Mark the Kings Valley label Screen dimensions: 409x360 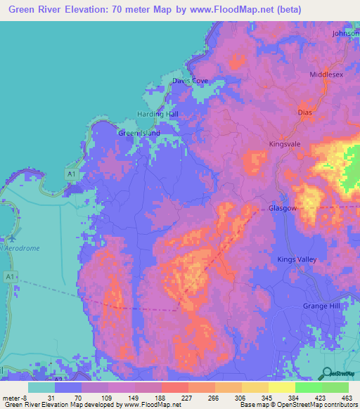(x=297, y=260)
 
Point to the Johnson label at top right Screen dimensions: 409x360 (x=345, y=33)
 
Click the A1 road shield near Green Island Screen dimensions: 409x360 (x=71, y=173)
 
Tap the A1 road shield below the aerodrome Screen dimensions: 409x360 (x=9, y=278)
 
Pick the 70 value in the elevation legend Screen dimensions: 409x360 (x=68, y=398)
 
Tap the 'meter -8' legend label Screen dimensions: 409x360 (x=13, y=398)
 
